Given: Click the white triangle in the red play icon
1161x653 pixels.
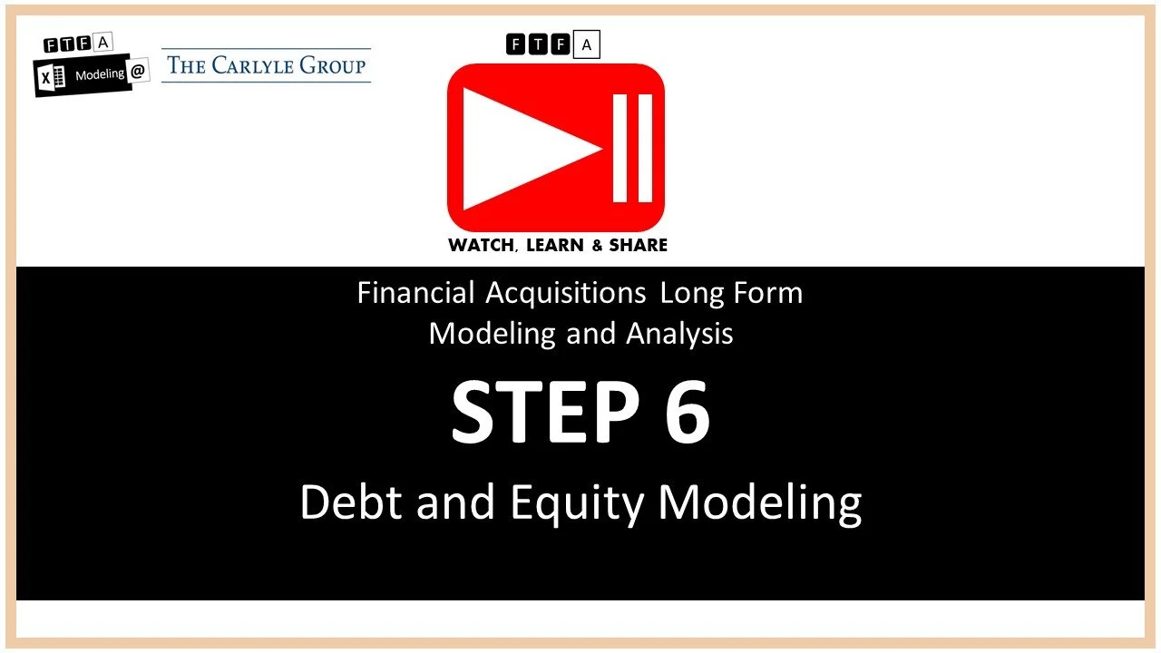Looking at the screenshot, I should point(517,148).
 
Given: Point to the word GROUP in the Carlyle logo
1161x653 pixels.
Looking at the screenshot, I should point(336,65).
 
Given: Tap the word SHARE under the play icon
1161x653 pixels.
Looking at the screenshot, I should point(639,245).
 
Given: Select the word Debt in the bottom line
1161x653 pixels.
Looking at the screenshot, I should point(350,502).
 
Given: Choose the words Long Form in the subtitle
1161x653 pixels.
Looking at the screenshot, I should point(731,293).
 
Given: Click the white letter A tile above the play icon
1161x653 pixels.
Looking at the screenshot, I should point(586,44).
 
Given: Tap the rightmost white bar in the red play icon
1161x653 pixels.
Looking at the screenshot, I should point(645,148).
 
